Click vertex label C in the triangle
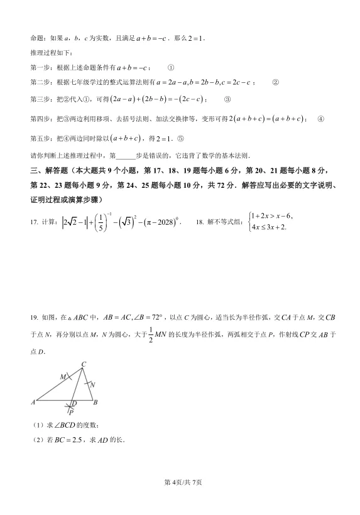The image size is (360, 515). tap(84, 364)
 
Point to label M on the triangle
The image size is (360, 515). tap(63, 376)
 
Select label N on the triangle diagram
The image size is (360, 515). tap(92, 384)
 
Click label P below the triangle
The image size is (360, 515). tap(71, 413)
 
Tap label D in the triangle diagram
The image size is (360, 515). tap(74, 403)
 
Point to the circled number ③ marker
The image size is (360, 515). tap(227, 99)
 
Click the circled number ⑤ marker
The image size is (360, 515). tap(181, 139)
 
